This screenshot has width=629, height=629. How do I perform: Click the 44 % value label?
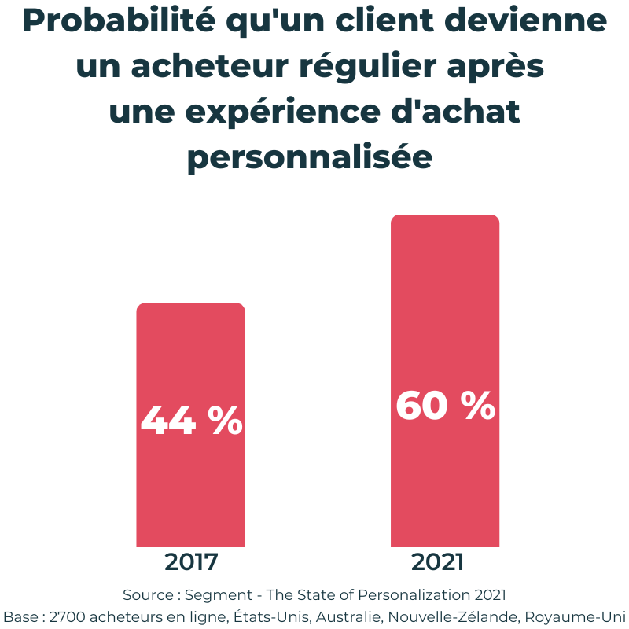click(x=191, y=421)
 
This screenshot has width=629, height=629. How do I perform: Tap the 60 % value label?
click(x=445, y=406)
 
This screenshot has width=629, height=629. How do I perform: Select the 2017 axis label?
click(x=191, y=563)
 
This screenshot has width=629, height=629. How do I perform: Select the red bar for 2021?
click(x=445, y=314)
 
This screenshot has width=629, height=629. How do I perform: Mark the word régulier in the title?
click(x=370, y=68)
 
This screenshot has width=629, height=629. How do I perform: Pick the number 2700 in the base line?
click(x=64, y=614)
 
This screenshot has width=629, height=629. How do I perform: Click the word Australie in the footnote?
click(x=359, y=614)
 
